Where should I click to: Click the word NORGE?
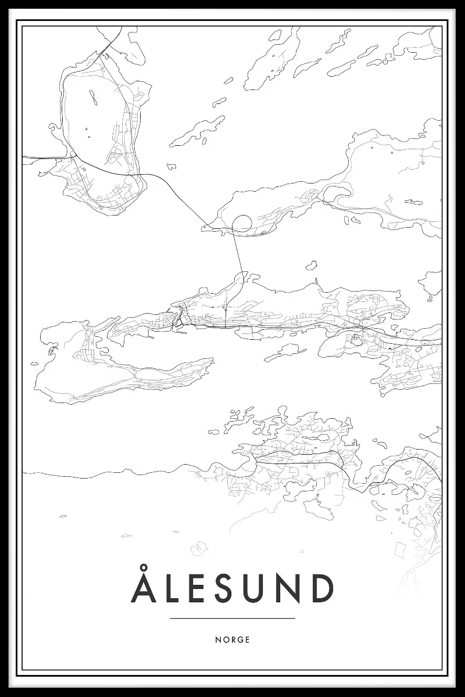pos(233,639)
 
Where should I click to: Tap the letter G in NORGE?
pos(240,639)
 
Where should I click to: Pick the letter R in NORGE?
pos(233,639)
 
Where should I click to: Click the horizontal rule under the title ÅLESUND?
pos(233,619)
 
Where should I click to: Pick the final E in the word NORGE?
pos(248,639)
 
